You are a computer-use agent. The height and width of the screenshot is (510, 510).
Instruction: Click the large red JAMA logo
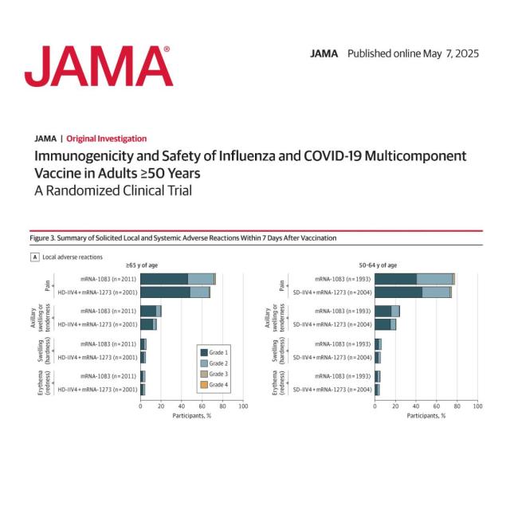point(98,65)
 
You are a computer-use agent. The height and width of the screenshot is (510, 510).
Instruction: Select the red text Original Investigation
point(106,139)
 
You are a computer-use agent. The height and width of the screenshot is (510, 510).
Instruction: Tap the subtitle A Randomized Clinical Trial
point(112,190)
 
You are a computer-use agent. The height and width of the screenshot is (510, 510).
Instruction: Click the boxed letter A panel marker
point(34,257)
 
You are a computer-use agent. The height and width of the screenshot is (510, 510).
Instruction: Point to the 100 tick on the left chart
point(243,406)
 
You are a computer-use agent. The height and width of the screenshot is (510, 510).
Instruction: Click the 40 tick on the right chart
point(416,406)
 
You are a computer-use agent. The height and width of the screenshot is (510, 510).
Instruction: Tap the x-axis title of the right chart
point(426,415)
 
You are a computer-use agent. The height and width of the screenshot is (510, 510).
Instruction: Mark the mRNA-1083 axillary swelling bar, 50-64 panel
point(387,311)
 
